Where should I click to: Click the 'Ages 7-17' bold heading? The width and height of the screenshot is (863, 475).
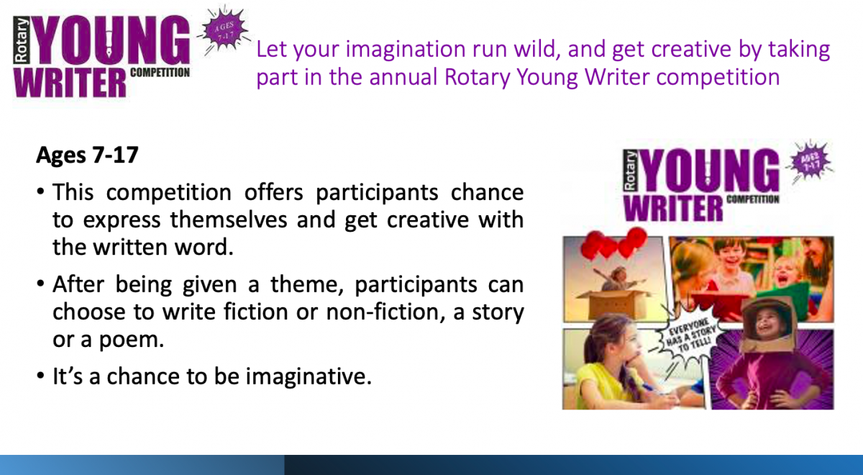click(x=87, y=155)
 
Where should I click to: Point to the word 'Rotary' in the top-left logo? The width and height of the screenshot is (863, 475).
click(x=22, y=40)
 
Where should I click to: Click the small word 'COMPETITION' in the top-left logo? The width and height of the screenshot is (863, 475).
click(x=160, y=73)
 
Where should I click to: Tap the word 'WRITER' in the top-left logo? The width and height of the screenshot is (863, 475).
click(x=70, y=83)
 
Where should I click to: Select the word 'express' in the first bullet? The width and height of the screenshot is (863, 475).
click(x=122, y=220)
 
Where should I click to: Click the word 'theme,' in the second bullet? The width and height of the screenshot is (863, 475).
click(x=306, y=284)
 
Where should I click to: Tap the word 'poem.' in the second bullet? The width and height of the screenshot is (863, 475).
click(x=132, y=340)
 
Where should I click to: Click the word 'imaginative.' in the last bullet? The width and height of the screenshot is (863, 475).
click(x=309, y=376)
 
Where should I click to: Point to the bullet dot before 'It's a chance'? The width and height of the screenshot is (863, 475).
click(x=41, y=375)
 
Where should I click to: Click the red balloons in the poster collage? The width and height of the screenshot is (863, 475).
click(x=613, y=244)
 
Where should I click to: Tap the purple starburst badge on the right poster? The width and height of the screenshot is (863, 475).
click(x=810, y=161)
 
